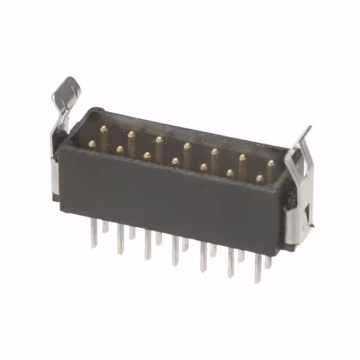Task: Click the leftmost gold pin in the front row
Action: click(92, 145)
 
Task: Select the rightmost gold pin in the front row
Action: click(259, 178)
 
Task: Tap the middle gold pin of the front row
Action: click(175, 161)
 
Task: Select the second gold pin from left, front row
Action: click(120, 150)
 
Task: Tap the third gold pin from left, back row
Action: click(159, 140)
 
